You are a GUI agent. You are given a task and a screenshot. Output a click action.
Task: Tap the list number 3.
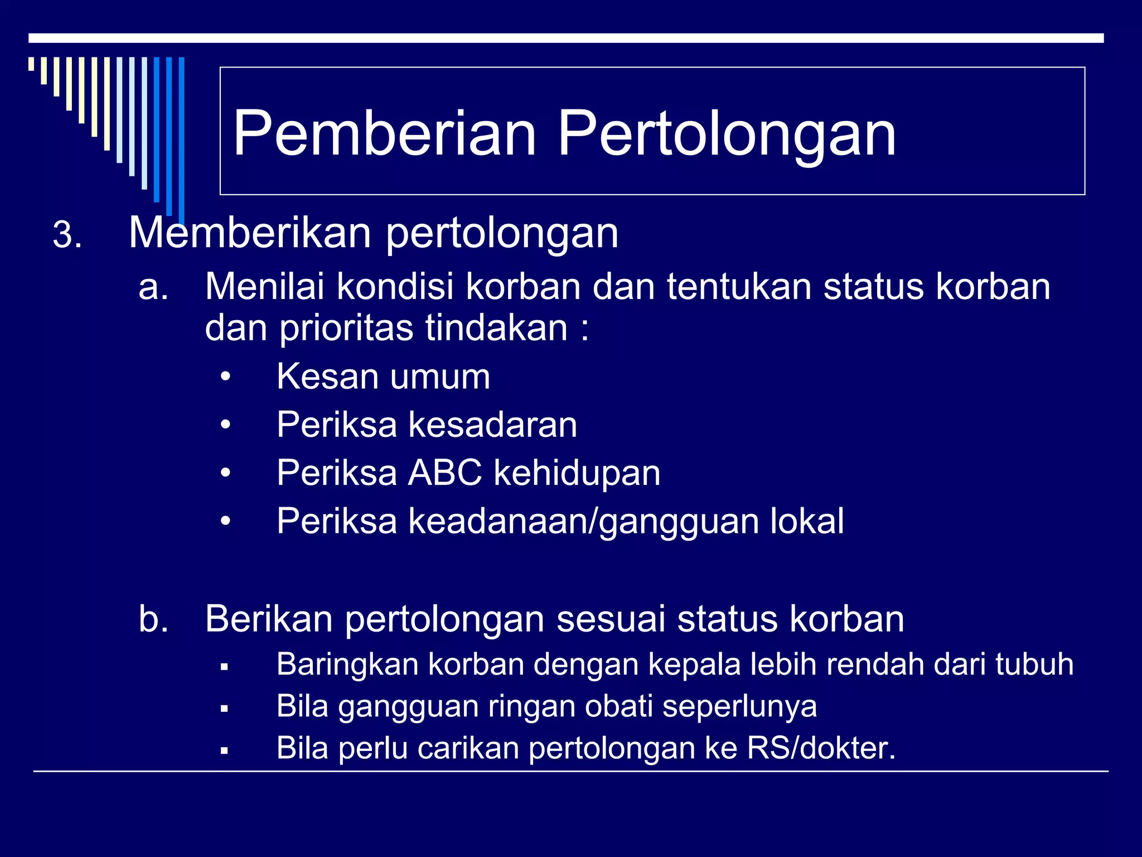pos(67,235)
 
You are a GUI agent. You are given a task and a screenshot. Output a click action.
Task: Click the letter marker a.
pos(153,287)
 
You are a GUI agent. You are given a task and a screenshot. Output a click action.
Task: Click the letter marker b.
pos(153,619)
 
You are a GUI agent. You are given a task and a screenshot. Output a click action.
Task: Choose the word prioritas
pos(346,329)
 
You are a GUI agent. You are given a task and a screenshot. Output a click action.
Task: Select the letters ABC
pos(445,473)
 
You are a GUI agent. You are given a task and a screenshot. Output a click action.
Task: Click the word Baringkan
pos(347,665)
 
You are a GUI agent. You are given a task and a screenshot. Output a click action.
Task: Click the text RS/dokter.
pos(821,748)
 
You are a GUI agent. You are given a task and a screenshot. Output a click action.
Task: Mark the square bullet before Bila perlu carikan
pos(224,750)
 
